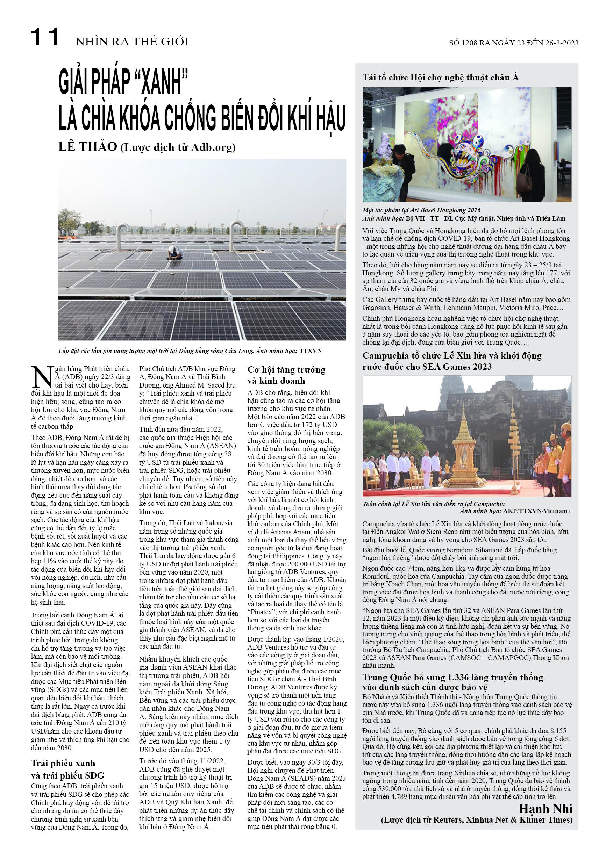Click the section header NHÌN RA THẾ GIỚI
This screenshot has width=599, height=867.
tap(132, 41)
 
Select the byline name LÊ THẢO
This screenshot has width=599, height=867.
tap(87, 147)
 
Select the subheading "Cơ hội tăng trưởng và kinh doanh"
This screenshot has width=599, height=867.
tap(286, 375)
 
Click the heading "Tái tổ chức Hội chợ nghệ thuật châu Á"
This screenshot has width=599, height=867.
tap(441, 78)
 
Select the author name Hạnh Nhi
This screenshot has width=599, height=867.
tap(545, 809)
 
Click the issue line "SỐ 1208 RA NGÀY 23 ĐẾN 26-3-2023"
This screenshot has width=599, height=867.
tap(513, 43)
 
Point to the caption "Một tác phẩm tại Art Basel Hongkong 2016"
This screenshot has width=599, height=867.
tap(421, 210)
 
